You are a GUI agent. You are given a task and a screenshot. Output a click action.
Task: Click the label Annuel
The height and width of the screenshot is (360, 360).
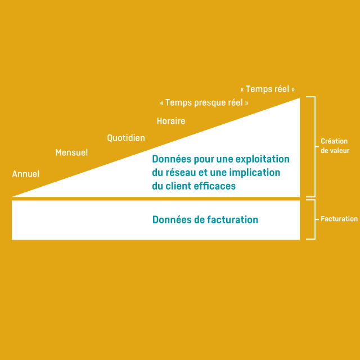tap(26, 174)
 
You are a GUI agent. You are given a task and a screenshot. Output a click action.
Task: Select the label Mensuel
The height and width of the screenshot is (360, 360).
tap(71, 152)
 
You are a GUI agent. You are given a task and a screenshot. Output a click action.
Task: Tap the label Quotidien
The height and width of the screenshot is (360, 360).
tap(126, 138)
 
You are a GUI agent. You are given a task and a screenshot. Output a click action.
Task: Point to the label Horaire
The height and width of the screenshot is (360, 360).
tap(171, 121)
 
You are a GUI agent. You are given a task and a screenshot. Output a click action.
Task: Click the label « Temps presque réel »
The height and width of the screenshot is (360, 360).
tap(204, 103)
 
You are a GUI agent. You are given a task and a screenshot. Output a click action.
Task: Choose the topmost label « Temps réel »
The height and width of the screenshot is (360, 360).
tap(267, 89)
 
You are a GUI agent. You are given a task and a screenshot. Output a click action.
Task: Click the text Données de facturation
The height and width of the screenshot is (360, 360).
tap(205, 220)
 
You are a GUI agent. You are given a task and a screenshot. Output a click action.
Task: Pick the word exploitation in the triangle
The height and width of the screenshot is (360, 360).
tap(262, 159)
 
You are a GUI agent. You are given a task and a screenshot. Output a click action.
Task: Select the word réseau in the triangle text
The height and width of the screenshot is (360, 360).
tap(181, 173)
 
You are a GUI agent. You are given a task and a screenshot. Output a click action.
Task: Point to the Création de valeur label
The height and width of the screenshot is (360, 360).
tap(334, 146)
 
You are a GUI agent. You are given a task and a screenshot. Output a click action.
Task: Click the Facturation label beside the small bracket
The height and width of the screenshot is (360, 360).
tap(339, 219)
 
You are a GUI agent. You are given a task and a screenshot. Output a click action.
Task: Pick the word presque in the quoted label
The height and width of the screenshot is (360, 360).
tap(208, 103)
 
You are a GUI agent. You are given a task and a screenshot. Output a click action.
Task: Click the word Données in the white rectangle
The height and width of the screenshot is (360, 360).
tap(171, 220)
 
